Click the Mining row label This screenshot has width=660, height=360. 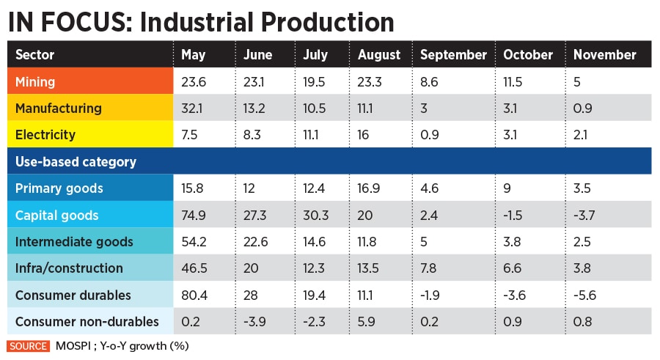tap(35, 81)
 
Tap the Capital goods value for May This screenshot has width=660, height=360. tap(194, 215)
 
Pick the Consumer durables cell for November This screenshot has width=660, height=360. tap(584, 295)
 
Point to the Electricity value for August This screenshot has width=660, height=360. tap(364, 135)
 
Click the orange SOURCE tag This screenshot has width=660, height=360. tap(28, 345)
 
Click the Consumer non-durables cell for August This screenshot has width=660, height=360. tap(365, 321)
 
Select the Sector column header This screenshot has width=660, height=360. tap(34, 55)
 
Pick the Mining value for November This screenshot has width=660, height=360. tap(577, 81)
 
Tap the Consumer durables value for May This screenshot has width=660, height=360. tap(194, 295)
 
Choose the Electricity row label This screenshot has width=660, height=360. tap(45, 135)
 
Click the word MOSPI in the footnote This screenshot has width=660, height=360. tap(72, 345)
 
